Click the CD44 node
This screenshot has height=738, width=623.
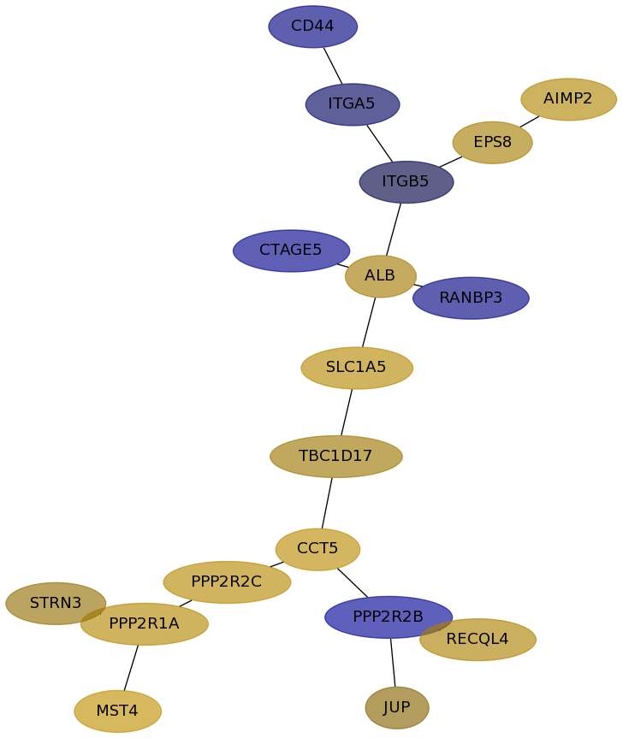click(x=312, y=27)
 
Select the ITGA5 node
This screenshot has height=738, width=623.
click(x=352, y=104)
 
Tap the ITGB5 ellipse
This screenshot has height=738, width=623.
click(x=406, y=182)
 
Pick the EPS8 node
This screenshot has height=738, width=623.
click(x=492, y=142)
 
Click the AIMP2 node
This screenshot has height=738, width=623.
click(x=568, y=99)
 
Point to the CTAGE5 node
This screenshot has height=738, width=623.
click(x=291, y=251)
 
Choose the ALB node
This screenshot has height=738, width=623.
click(x=380, y=276)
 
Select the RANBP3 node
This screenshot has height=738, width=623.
click(x=471, y=298)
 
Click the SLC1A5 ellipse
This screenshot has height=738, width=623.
click(x=356, y=368)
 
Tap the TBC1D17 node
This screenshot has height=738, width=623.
click(x=335, y=457)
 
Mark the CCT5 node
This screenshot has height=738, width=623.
click(x=317, y=549)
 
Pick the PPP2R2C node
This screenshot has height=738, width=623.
click(x=227, y=582)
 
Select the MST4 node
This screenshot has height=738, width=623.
click(x=117, y=711)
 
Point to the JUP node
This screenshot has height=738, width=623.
click(x=396, y=708)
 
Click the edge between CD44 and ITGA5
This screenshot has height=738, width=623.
click(x=333, y=66)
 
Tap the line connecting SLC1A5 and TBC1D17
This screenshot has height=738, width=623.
click(x=347, y=412)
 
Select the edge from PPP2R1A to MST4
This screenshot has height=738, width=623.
click(x=131, y=667)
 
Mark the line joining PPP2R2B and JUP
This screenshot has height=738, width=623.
click(x=393, y=662)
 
